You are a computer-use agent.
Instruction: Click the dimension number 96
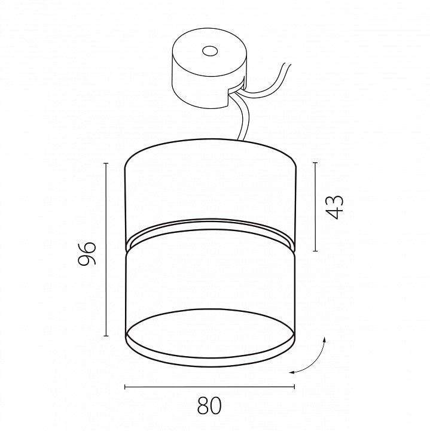point(87,253)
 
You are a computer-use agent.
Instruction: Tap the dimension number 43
point(334,207)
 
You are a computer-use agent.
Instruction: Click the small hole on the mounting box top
point(210,51)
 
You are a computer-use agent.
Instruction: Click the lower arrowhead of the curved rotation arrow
point(292,372)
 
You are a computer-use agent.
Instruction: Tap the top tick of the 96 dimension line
point(106,163)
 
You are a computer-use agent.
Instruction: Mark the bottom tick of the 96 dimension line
point(106,336)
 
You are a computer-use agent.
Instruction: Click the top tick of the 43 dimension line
point(315,163)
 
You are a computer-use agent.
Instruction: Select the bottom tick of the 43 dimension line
point(315,251)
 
